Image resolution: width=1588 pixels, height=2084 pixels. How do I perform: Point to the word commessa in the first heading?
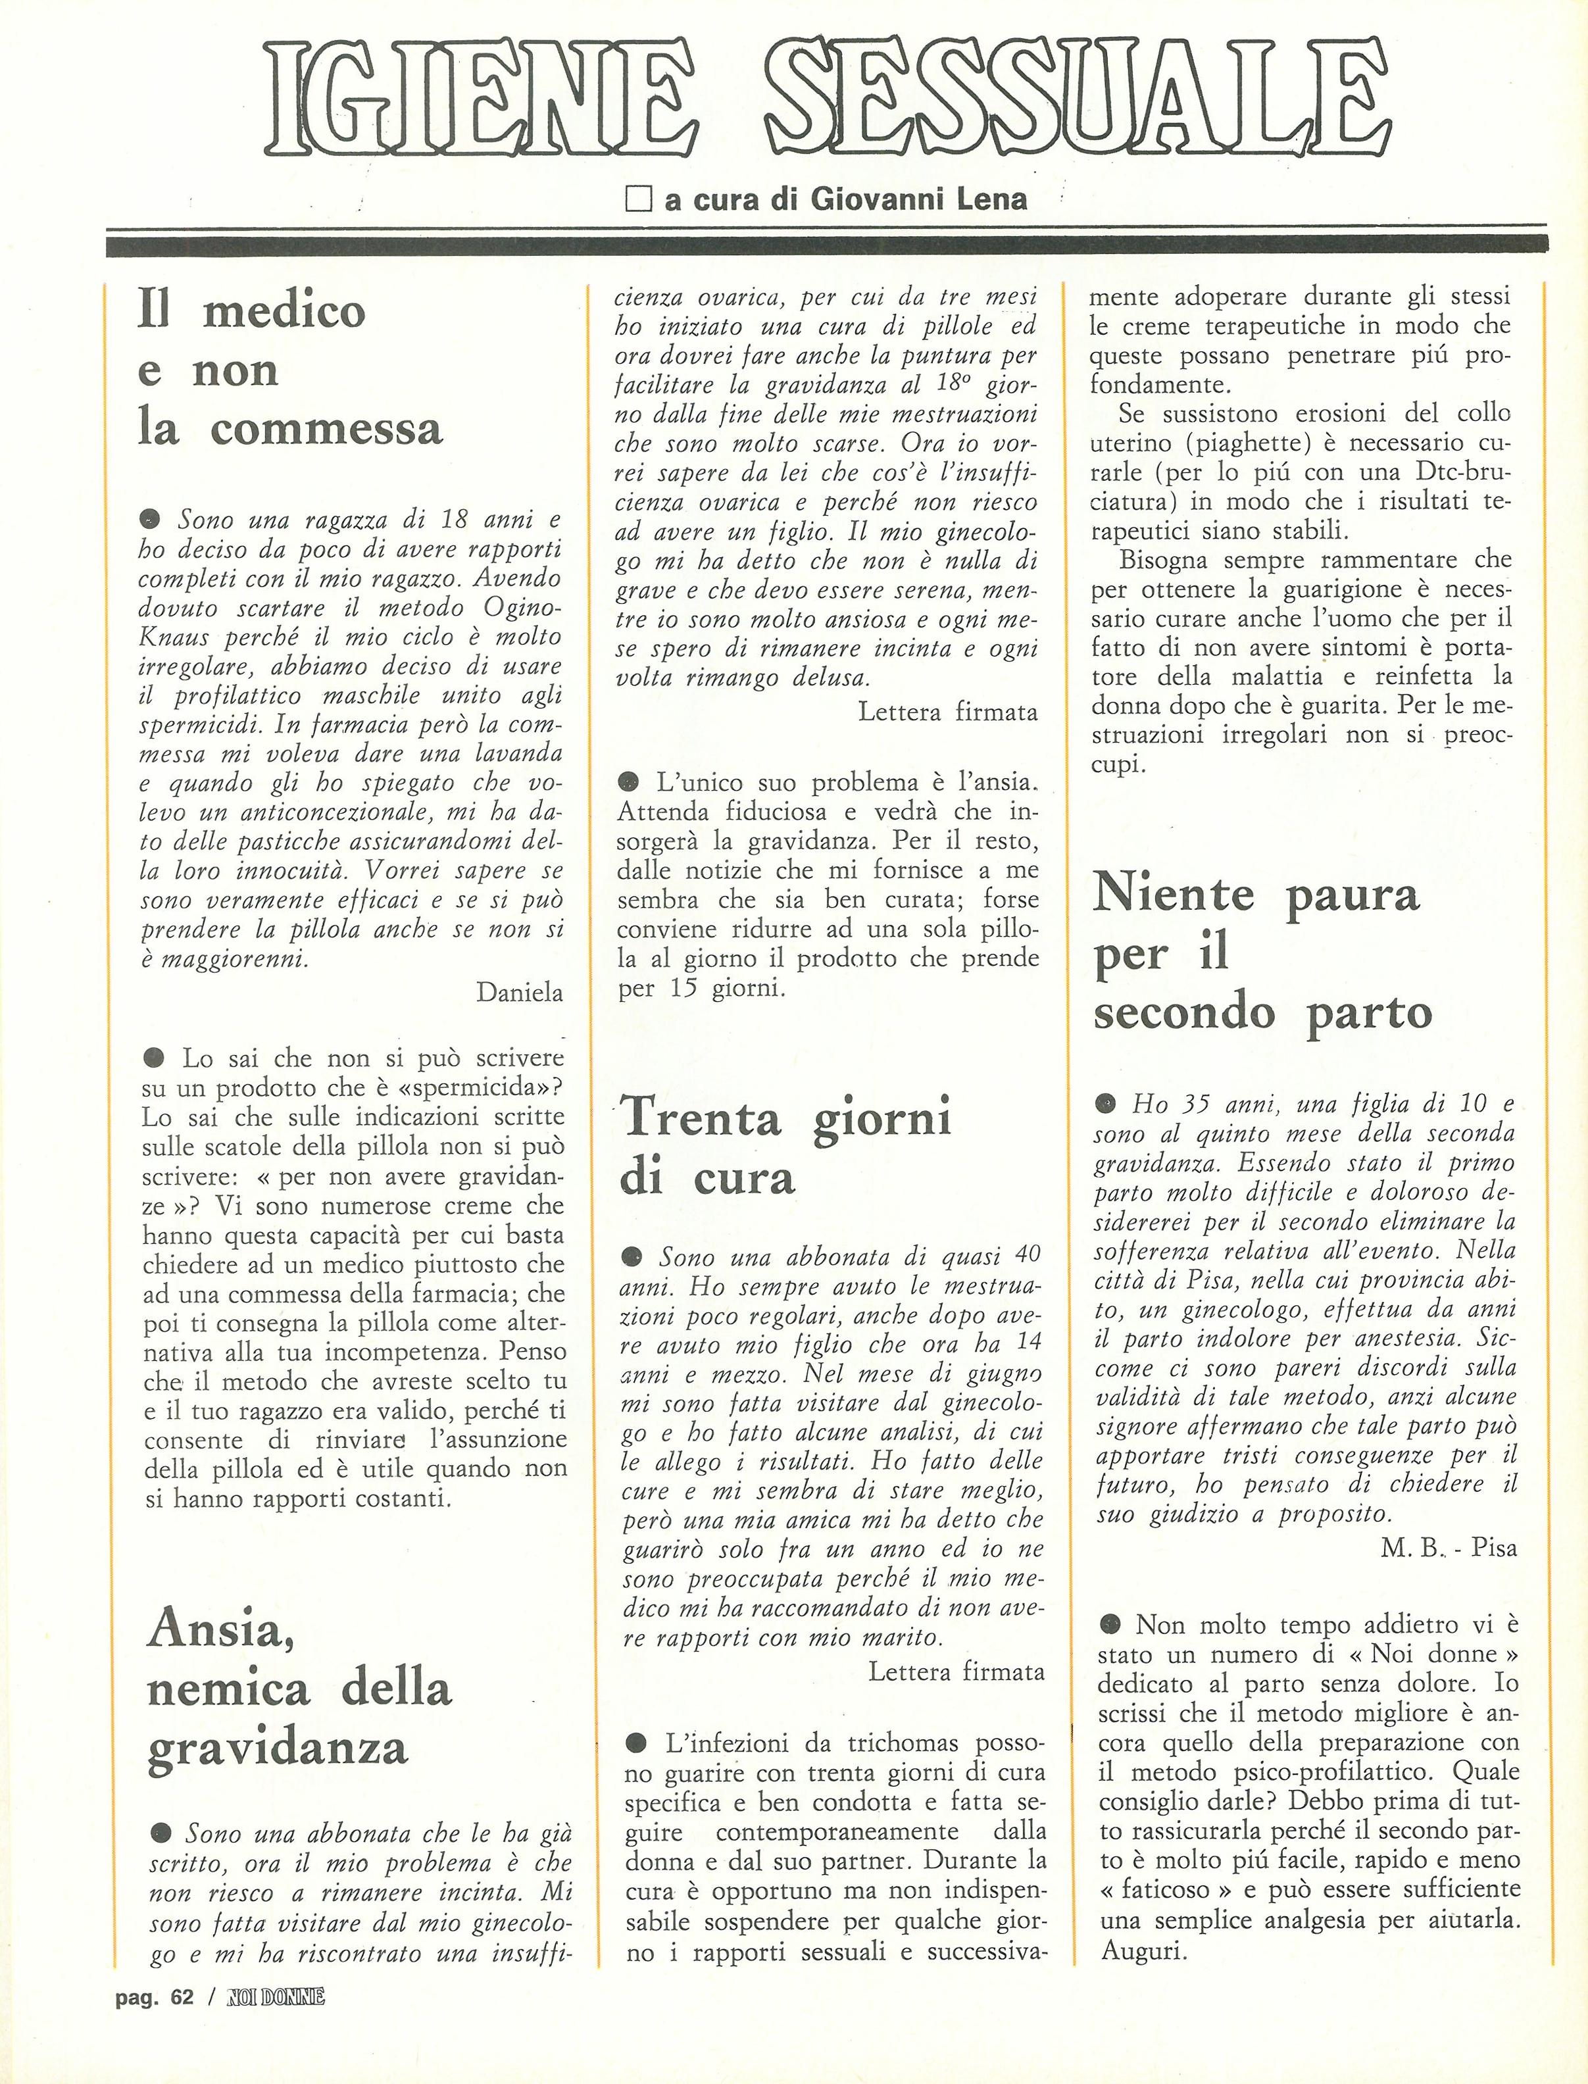click(x=326, y=428)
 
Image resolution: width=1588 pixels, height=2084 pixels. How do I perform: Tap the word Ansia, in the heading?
click(x=220, y=1627)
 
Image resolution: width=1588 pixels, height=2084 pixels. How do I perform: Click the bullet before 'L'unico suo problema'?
click(x=627, y=781)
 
